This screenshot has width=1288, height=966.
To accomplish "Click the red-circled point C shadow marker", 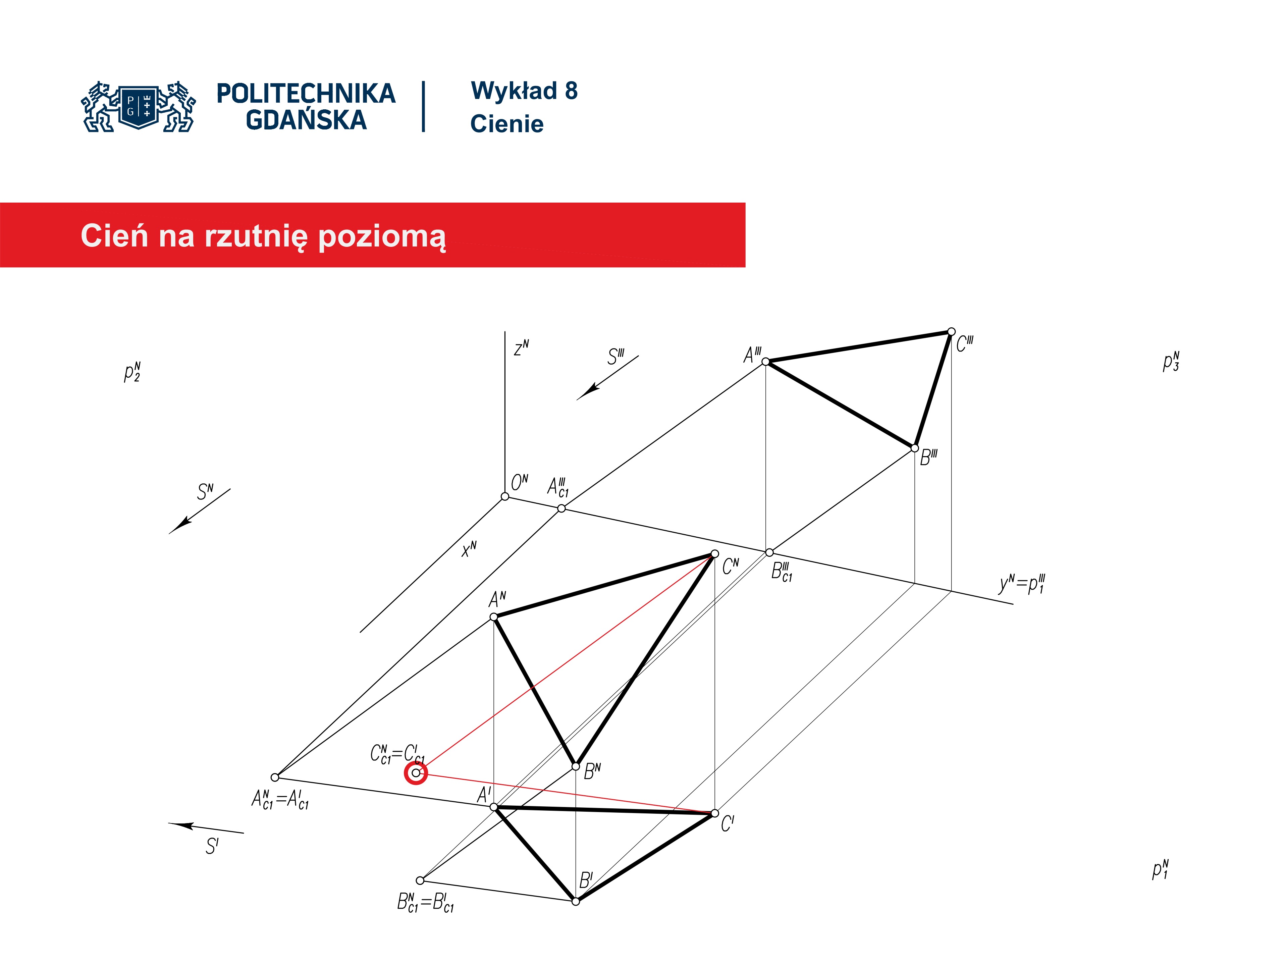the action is [416, 773].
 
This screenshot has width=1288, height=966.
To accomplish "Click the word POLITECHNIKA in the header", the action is [306, 93].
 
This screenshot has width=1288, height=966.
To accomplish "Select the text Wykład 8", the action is [524, 91].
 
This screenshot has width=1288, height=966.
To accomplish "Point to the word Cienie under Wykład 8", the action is [506, 123].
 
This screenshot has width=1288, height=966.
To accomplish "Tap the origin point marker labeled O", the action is [505, 496].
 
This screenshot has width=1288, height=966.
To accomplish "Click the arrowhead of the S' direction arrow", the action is [182, 825].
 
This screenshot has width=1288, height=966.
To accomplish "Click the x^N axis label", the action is [469, 548].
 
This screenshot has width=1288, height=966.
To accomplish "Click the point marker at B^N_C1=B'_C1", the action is [420, 880].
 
